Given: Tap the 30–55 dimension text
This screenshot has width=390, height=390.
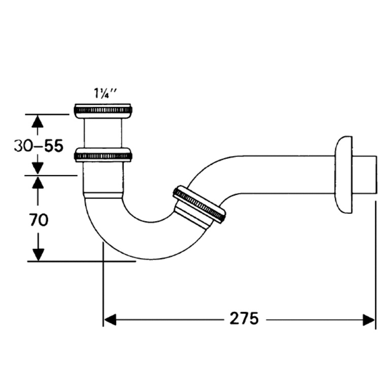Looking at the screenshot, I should [x=39, y=146].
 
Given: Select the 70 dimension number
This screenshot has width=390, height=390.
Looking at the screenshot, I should [x=39, y=220].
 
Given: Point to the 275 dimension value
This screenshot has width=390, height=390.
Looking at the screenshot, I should [x=244, y=319].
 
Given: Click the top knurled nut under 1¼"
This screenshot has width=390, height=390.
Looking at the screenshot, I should [x=103, y=110].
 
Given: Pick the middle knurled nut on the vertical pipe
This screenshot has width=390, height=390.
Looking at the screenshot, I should [x=103, y=155].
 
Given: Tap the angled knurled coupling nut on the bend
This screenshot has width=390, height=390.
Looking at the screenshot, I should [x=199, y=204].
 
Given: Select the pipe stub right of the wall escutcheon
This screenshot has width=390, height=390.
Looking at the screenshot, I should [x=365, y=175].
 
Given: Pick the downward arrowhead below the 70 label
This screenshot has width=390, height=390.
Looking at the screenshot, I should [x=37, y=254].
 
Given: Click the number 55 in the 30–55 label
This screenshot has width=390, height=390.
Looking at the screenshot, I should [x=53, y=146].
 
